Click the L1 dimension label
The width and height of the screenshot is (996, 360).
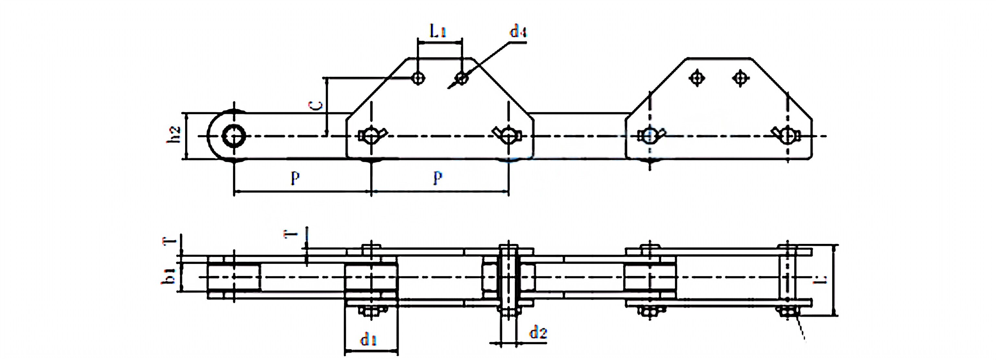click(x=438, y=30)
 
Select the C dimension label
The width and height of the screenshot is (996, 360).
click(x=317, y=105)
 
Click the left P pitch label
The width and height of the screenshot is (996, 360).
click(x=295, y=177)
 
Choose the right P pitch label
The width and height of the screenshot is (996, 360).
click(x=437, y=177)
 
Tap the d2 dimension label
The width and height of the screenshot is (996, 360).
click(x=538, y=332)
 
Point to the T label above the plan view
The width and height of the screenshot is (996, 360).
click(x=291, y=234)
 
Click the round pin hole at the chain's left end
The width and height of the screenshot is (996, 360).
click(x=234, y=136)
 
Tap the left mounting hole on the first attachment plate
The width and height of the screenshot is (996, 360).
click(x=418, y=78)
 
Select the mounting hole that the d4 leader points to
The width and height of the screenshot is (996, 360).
click(x=461, y=78)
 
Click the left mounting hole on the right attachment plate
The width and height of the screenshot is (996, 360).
click(x=697, y=78)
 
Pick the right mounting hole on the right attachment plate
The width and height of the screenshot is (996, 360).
click(x=740, y=78)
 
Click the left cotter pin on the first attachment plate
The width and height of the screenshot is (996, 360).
click(x=372, y=135)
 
